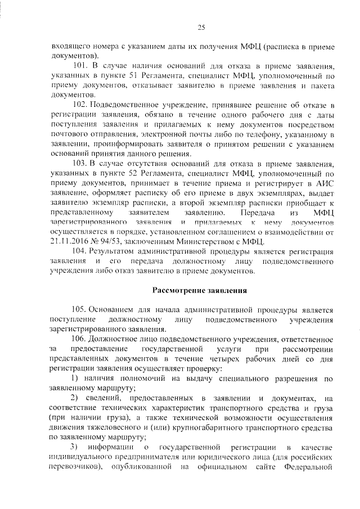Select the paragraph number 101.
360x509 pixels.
coord(80,66)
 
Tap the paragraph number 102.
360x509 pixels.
coord(80,105)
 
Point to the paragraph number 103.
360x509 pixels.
coord(80,164)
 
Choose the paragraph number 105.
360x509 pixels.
coord(80,310)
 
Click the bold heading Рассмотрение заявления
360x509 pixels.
coord(201,291)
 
